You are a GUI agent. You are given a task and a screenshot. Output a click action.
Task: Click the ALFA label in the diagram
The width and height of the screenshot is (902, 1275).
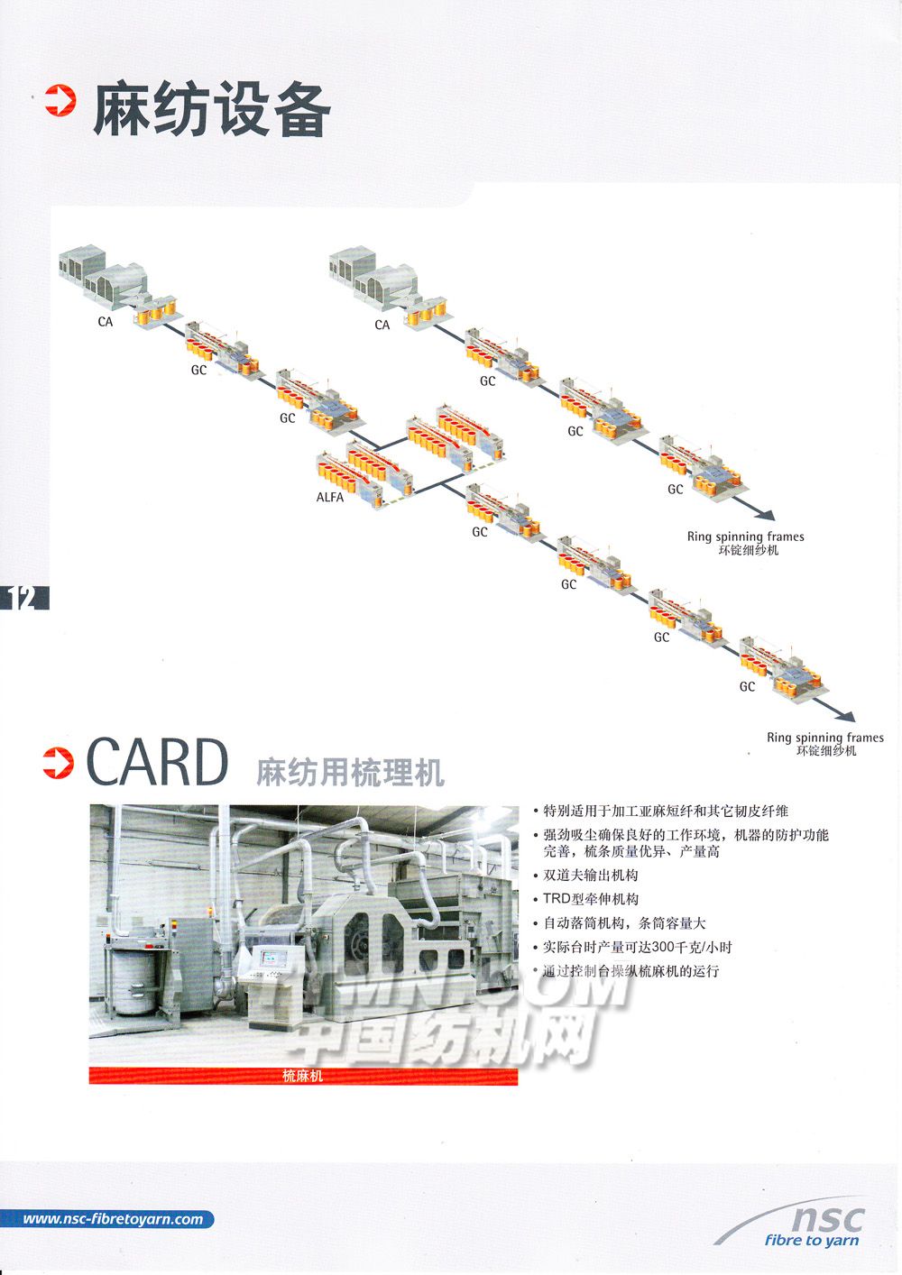pyautogui.click(x=330, y=498)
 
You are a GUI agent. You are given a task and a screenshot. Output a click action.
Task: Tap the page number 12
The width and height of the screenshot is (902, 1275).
pyautogui.click(x=22, y=598)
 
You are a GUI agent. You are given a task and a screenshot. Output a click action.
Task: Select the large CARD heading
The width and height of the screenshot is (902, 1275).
pyautogui.click(x=157, y=762)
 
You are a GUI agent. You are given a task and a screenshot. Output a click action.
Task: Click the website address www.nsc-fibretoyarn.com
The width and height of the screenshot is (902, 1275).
pyautogui.click(x=114, y=1219)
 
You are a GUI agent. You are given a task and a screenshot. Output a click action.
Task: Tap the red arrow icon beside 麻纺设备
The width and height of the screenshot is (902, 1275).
pyautogui.click(x=60, y=100)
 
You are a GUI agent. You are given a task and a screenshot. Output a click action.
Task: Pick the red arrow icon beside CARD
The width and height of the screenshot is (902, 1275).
pyautogui.click(x=58, y=763)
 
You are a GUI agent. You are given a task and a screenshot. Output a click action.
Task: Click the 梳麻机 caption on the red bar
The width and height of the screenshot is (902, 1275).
pyautogui.click(x=302, y=1075)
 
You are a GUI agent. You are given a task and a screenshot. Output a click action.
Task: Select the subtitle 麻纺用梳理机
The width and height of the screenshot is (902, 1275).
pyautogui.click(x=350, y=773)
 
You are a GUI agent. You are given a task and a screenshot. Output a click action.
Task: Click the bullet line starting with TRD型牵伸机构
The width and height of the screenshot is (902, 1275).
pyautogui.click(x=591, y=899)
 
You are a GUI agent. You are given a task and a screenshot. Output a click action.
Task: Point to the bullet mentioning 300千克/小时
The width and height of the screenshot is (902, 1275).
pyautogui.click(x=637, y=947)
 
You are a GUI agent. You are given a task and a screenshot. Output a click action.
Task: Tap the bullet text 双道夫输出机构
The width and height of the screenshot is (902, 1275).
pyautogui.click(x=591, y=875)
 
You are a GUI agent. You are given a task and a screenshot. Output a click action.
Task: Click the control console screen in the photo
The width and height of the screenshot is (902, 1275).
pyautogui.click(x=272, y=959)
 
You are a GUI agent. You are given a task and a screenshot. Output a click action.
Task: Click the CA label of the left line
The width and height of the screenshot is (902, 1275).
pyautogui.click(x=106, y=322)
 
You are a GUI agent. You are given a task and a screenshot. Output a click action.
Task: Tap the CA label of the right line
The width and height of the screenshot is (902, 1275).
pyautogui.click(x=382, y=325)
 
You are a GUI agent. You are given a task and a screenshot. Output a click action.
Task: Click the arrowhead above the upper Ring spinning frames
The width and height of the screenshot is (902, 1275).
pyautogui.click(x=766, y=515)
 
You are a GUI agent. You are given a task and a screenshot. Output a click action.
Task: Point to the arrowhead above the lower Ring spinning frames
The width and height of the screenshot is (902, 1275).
pyautogui.click(x=846, y=716)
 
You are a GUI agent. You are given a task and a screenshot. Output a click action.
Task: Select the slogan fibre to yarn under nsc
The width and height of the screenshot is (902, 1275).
pyautogui.click(x=812, y=1241)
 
